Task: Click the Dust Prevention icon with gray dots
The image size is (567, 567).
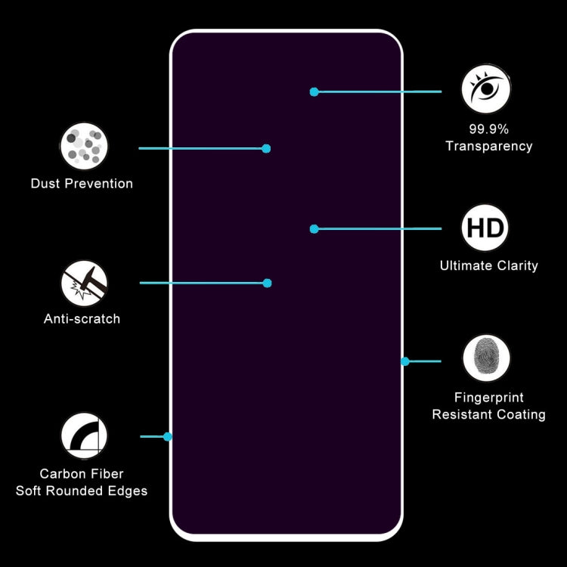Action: point(84,146)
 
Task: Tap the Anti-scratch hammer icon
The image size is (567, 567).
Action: point(84,283)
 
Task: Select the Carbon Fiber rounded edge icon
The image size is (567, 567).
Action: point(84,436)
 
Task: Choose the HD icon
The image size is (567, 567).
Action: point(485,228)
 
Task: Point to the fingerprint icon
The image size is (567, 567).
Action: point(485,359)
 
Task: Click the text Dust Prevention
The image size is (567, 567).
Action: point(82,184)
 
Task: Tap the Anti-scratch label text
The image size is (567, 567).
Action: point(82,319)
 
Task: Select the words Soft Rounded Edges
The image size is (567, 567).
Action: point(82,491)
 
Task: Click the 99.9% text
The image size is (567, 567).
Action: point(488,129)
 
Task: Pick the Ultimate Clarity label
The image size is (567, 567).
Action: point(488,265)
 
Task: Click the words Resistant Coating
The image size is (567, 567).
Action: point(488,415)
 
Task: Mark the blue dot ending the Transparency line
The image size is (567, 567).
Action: point(314,92)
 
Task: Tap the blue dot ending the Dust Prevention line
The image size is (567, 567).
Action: point(266,149)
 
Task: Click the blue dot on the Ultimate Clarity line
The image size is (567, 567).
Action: point(314,228)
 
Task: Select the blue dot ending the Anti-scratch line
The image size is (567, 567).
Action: point(267,283)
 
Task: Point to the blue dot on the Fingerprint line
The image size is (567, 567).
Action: point(405,361)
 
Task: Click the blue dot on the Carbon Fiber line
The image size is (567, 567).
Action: point(168,436)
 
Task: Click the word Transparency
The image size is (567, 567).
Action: point(488,147)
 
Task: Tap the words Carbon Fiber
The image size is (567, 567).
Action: point(82,474)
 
